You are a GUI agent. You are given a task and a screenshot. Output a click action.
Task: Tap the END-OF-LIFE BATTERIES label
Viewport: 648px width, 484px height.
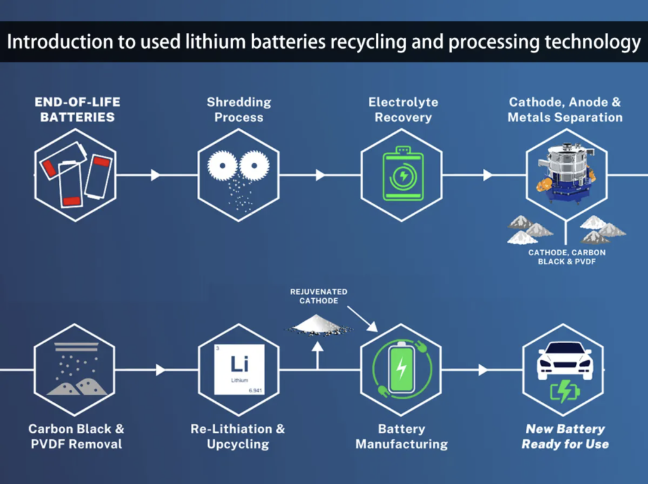[x=77, y=109]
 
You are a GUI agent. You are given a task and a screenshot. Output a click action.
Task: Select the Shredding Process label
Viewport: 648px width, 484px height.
[x=239, y=109]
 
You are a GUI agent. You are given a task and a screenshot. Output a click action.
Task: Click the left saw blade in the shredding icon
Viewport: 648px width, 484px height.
[x=222, y=166]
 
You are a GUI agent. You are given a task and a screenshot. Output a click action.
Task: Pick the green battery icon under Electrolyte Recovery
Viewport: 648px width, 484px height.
[x=403, y=173]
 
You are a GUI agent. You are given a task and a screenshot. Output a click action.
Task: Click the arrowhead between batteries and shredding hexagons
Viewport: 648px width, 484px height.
[x=156, y=175]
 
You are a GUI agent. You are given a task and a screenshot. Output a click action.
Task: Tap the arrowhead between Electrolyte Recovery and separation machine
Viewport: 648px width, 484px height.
[x=488, y=175]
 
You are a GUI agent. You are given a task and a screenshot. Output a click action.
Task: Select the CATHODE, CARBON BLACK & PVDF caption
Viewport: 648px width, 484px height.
[x=566, y=257]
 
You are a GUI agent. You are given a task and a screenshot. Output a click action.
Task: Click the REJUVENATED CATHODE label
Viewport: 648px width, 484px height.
[x=319, y=296]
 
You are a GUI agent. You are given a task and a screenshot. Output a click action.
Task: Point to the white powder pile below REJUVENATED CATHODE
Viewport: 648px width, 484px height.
[x=318, y=325]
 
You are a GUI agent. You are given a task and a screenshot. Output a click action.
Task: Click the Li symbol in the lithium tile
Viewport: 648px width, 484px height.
[x=239, y=363]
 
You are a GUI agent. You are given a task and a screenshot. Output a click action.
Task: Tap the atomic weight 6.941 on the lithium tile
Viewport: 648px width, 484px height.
[x=256, y=390]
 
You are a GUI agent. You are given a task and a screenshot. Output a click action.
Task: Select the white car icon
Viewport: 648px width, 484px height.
[x=565, y=360]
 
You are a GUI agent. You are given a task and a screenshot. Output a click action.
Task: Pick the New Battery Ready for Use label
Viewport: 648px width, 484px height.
[x=565, y=437]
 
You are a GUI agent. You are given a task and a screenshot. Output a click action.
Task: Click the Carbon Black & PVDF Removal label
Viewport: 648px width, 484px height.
[x=77, y=437]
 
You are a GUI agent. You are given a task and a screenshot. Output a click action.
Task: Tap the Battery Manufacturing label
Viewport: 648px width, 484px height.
[x=402, y=437]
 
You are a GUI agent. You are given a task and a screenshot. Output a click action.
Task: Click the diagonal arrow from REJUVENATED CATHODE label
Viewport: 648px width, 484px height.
[x=363, y=318]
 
